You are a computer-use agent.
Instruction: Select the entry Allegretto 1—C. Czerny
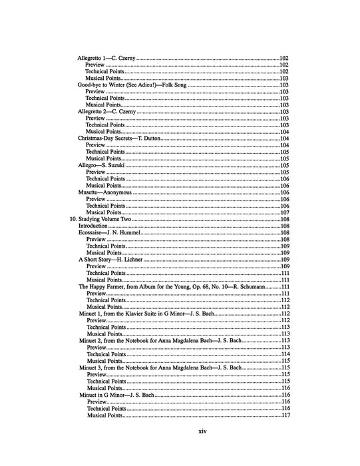pyautogui.click(x=106, y=59)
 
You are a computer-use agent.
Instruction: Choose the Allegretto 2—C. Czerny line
pyautogui.click(x=106, y=112)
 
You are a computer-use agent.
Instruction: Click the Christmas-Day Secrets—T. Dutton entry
pyautogui.click(x=116, y=138)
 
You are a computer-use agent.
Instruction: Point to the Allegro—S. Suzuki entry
pyautogui.click(x=99, y=165)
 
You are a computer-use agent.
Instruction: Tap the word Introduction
pyautogui.click(x=92, y=226)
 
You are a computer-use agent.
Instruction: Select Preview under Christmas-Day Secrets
pyautogui.click(x=96, y=145)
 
